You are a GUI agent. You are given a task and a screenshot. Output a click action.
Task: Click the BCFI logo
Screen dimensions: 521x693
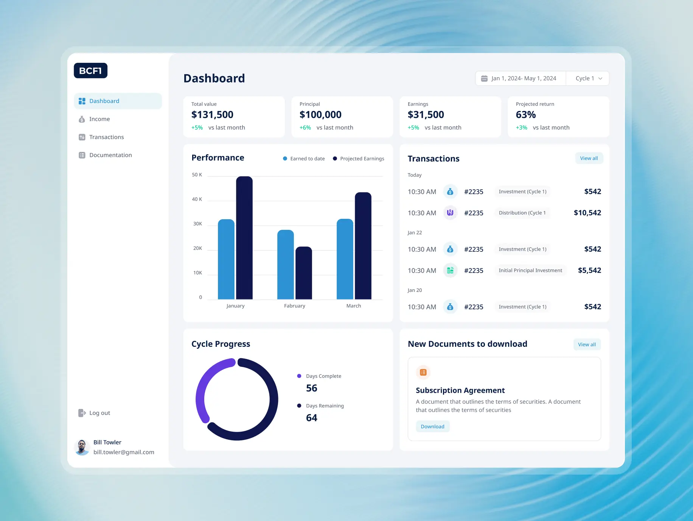click(90, 71)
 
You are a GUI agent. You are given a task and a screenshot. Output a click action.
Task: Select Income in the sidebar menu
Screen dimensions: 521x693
click(99, 119)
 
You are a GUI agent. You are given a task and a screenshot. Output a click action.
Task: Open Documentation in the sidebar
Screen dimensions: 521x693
click(110, 155)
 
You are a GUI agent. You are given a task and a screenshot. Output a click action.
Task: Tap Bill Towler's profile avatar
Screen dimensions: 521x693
click(82, 447)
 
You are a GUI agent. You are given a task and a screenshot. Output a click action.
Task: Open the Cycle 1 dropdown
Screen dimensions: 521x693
click(588, 78)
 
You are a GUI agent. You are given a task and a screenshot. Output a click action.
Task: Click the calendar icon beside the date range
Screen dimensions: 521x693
click(484, 78)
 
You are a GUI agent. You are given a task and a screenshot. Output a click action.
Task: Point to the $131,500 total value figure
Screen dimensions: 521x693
click(212, 115)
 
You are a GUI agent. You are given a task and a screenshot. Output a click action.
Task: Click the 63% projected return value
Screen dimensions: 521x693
click(525, 115)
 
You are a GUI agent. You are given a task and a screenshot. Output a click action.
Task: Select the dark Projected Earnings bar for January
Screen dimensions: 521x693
click(244, 239)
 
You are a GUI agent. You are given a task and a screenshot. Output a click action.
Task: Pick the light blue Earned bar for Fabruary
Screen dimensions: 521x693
click(285, 265)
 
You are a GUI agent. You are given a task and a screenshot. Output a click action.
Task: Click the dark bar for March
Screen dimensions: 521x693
click(363, 246)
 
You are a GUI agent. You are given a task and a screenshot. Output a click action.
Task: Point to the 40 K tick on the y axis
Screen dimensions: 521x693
click(197, 199)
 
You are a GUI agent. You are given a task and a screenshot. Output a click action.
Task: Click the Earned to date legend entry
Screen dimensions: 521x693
click(304, 159)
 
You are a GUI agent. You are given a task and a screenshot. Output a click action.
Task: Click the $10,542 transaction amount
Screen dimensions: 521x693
click(587, 213)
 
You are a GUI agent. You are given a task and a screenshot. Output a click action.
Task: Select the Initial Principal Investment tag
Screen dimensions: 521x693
click(530, 270)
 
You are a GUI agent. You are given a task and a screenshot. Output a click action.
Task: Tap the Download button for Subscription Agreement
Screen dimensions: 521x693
click(432, 426)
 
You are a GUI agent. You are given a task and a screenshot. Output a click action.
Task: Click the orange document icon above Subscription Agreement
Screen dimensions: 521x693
click(423, 373)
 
